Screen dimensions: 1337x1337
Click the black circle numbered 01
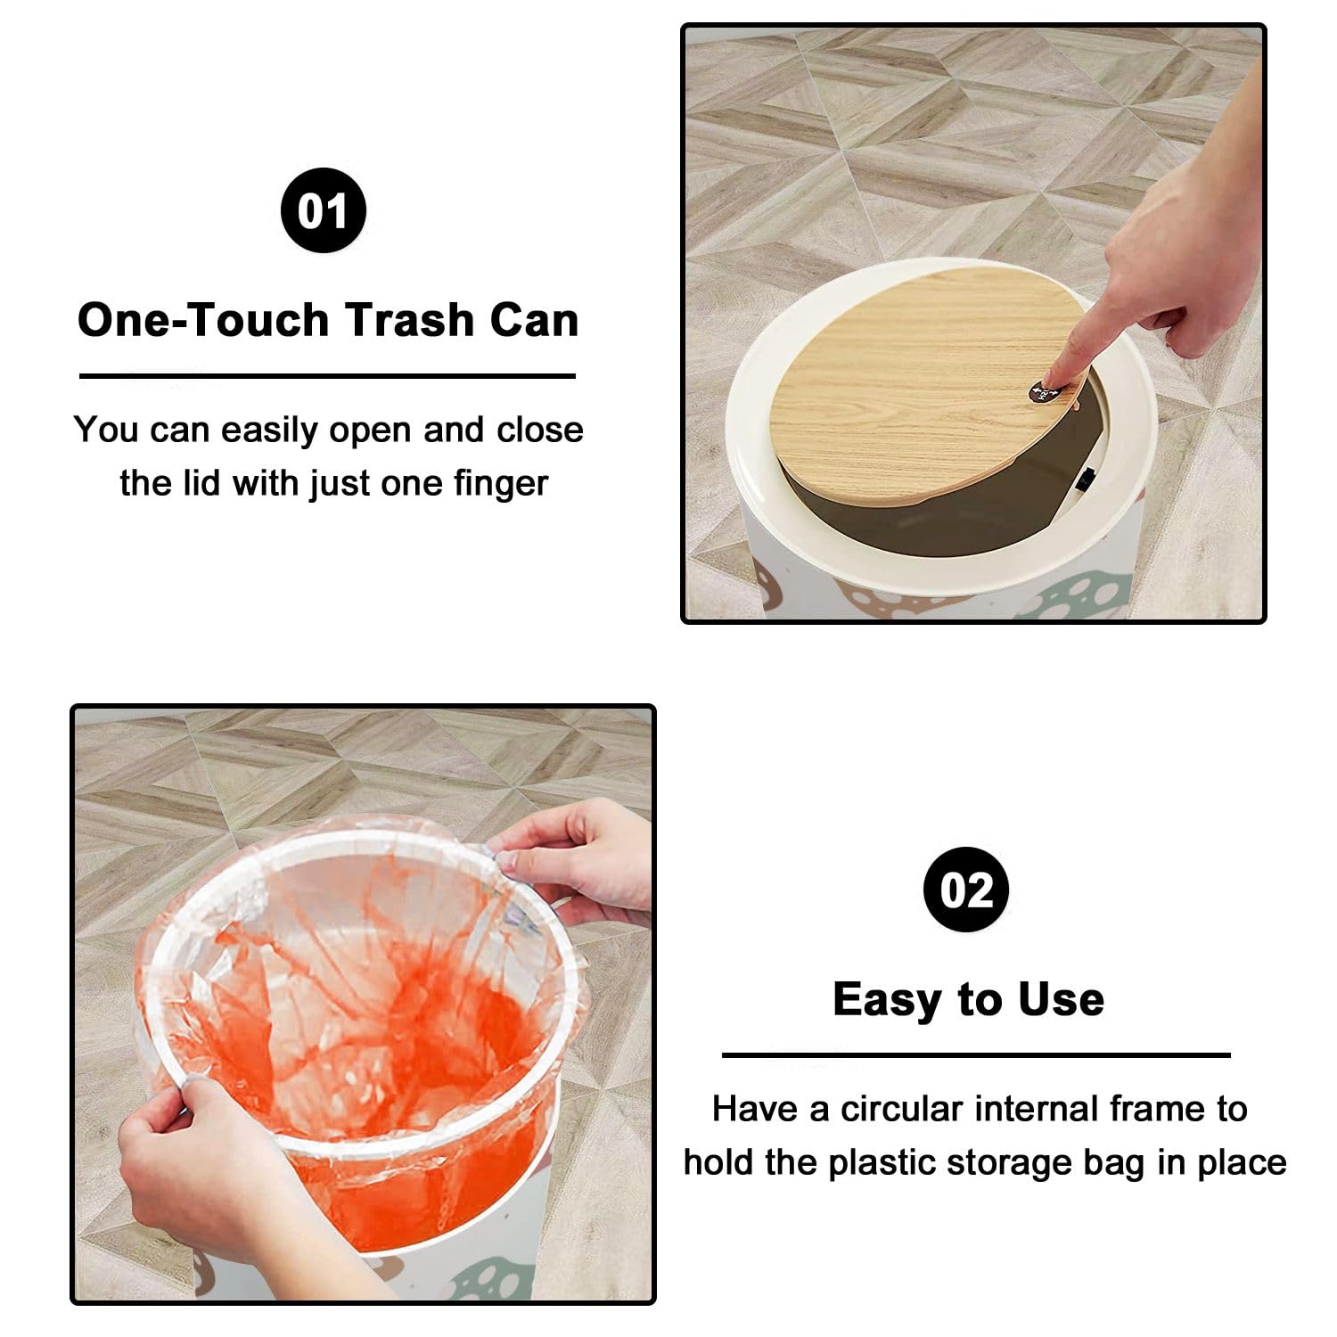[x=324, y=210]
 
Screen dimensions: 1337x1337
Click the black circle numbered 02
[x=966, y=890]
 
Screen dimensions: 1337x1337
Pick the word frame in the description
[x=1157, y=1109]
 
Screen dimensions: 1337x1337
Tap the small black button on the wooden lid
[x=1044, y=392]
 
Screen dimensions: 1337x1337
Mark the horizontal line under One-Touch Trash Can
[x=327, y=376]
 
